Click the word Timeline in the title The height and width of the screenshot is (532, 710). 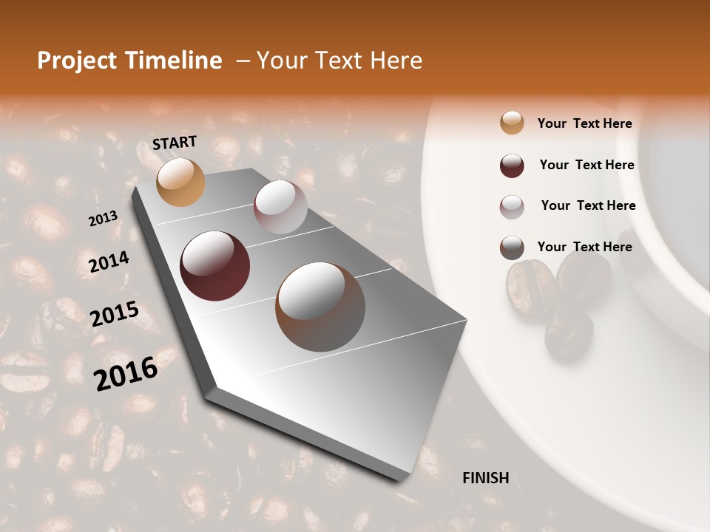point(175,61)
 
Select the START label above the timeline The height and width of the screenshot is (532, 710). point(175,143)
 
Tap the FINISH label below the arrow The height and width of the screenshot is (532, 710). point(486,478)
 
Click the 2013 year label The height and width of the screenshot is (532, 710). point(103,219)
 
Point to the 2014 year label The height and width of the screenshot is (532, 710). point(109,262)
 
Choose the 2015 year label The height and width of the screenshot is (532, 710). point(115,313)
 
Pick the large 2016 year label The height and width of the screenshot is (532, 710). point(126,372)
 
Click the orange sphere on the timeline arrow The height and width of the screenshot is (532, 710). point(180,182)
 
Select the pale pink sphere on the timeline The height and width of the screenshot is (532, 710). point(280,207)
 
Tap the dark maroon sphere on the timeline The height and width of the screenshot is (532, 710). point(214,266)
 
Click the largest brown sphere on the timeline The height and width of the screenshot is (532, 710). point(320,307)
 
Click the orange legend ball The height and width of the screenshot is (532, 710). point(512,123)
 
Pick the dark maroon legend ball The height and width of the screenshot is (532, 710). point(512,166)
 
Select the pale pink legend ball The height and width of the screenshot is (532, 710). point(512,207)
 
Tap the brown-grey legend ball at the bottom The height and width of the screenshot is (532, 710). point(512,248)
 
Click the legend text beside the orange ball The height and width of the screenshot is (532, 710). point(585,124)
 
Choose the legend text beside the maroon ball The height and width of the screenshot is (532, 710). point(587,165)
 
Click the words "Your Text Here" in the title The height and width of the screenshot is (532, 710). point(339,61)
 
